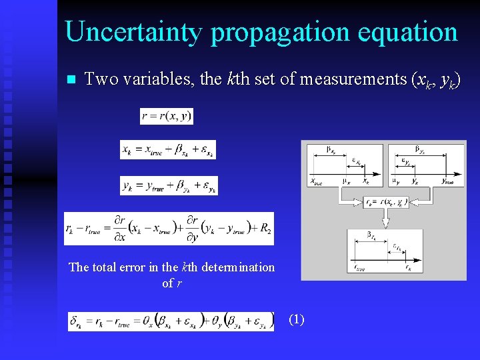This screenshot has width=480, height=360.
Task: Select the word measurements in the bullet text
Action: [x=354, y=79]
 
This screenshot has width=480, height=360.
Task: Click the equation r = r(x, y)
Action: [x=167, y=116]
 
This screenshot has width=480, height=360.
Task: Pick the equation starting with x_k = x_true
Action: [x=167, y=151]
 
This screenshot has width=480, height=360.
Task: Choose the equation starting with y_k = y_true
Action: [x=169, y=186]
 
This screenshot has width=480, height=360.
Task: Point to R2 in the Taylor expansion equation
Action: [x=265, y=229]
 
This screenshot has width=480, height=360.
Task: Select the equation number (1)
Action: [x=297, y=319]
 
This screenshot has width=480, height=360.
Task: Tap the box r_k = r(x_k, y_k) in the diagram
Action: [x=385, y=201]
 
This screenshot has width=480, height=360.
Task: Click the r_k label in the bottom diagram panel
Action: [x=408, y=269]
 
